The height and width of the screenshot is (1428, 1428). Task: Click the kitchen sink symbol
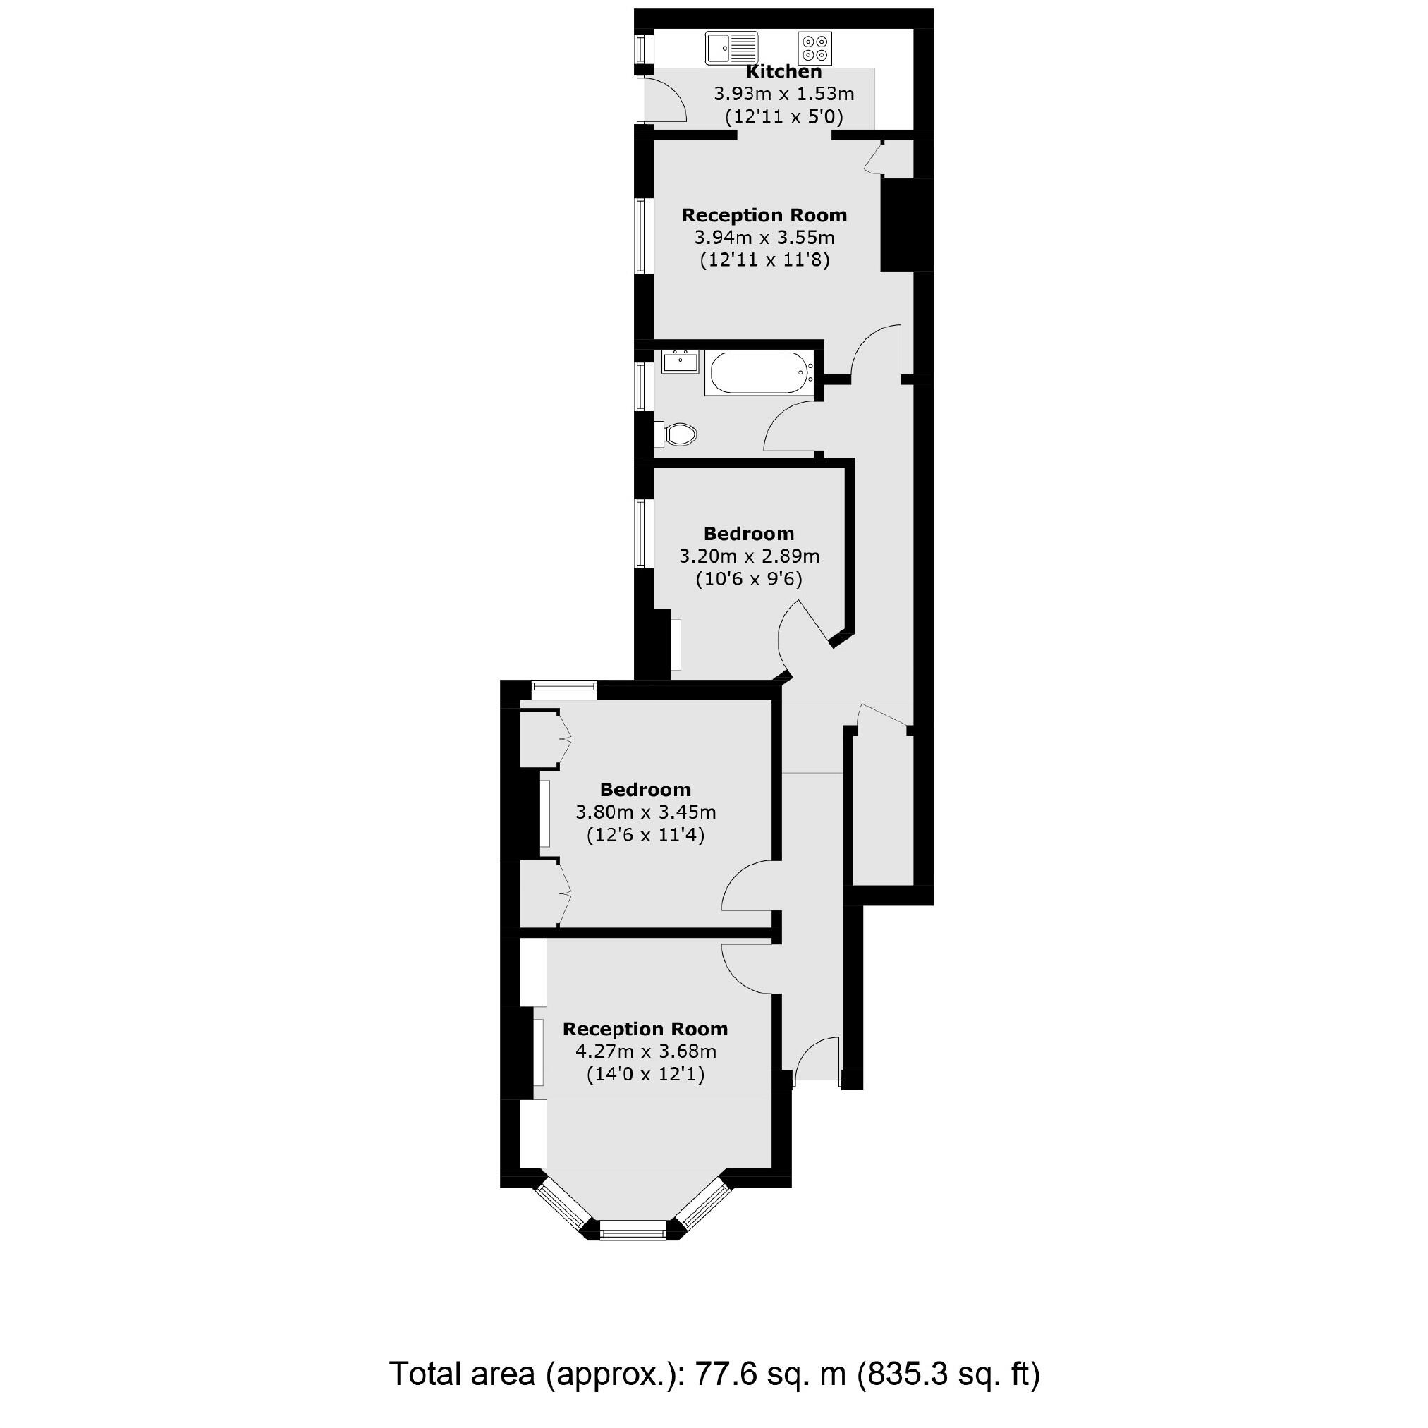[x=731, y=49]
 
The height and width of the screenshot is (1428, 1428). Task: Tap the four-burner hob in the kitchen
[x=815, y=48]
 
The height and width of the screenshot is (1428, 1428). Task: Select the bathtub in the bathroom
[x=758, y=372]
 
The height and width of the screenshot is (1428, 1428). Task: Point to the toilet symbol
[x=679, y=434]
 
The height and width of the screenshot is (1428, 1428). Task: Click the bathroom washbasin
[x=679, y=362]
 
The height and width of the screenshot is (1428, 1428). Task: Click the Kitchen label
[x=783, y=72]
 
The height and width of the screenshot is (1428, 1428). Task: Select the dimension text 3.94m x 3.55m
[x=764, y=238]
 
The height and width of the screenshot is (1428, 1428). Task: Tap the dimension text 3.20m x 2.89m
[x=749, y=556]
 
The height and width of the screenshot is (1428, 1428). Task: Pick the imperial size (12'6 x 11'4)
[x=645, y=835]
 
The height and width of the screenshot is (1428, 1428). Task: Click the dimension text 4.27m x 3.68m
[x=645, y=1051]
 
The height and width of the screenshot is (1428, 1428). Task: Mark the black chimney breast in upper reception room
[x=897, y=225]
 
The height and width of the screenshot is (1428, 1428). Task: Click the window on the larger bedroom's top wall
[x=564, y=690]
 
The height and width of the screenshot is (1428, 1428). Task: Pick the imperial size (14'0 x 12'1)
[x=645, y=1074]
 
